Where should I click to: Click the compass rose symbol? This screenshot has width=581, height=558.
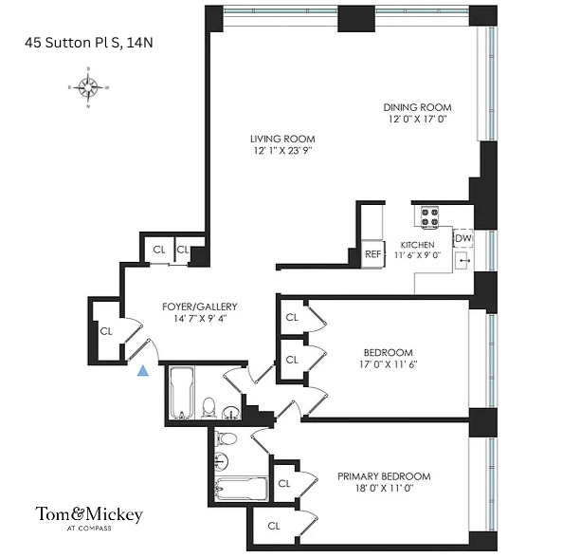pyautogui.click(x=89, y=88)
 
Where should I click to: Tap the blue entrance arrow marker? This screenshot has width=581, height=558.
pyautogui.click(x=143, y=372)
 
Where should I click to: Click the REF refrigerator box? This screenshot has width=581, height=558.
pyautogui.click(x=372, y=253)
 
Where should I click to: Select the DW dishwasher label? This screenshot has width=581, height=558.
pyautogui.click(x=463, y=238)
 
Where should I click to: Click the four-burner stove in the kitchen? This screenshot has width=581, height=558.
pyautogui.click(x=428, y=216)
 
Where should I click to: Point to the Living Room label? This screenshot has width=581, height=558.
pyautogui.click(x=281, y=139)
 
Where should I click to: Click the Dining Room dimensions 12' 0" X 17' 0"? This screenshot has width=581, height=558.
pyautogui.click(x=417, y=120)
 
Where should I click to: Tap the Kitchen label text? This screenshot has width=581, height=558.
pyautogui.click(x=417, y=245)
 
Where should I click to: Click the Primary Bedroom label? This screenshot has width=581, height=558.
pyautogui.click(x=384, y=476)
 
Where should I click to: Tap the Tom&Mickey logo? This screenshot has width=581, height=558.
pyautogui.click(x=89, y=515)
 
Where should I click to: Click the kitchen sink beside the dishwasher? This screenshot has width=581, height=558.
pyautogui.click(x=463, y=259)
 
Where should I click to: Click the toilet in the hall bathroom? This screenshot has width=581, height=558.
pyautogui.click(x=210, y=408)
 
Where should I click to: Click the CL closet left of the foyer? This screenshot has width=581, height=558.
pyautogui.click(x=106, y=332)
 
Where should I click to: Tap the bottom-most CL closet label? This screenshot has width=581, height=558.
pyautogui.click(x=273, y=525)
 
